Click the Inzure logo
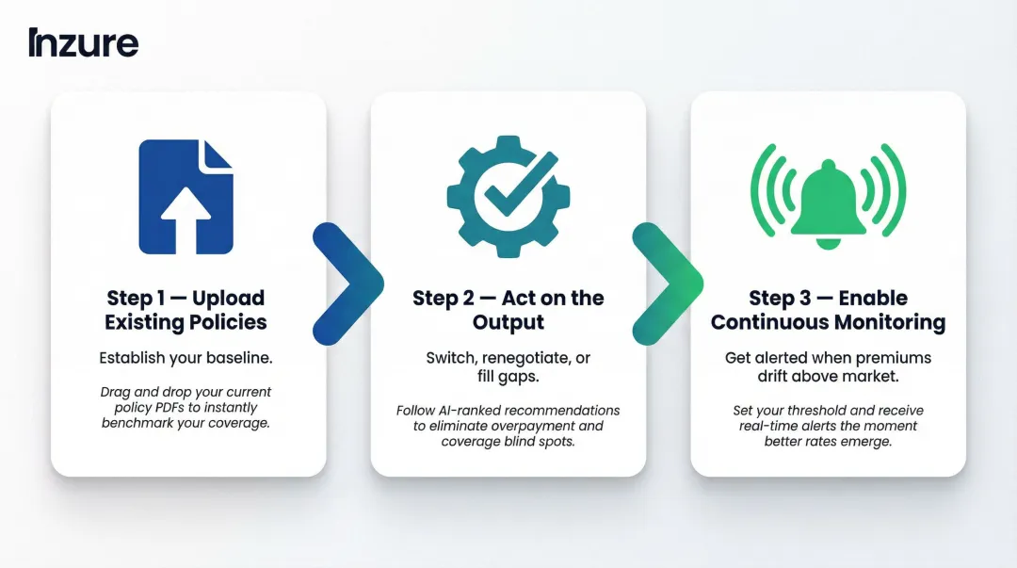pyautogui.click(x=83, y=43)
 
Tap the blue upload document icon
pyautogui.click(x=186, y=197)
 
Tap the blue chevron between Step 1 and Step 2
pyautogui.click(x=349, y=283)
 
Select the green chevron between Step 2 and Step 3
pyautogui.click(x=670, y=283)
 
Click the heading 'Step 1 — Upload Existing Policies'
pyautogui.click(x=186, y=310)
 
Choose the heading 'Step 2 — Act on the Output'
pyautogui.click(x=508, y=310)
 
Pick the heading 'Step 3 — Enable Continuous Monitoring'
pyautogui.click(x=828, y=310)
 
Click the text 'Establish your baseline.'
pyautogui.click(x=186, y=358)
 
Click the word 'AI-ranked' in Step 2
pyautogui.click(x=473, y=411)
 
